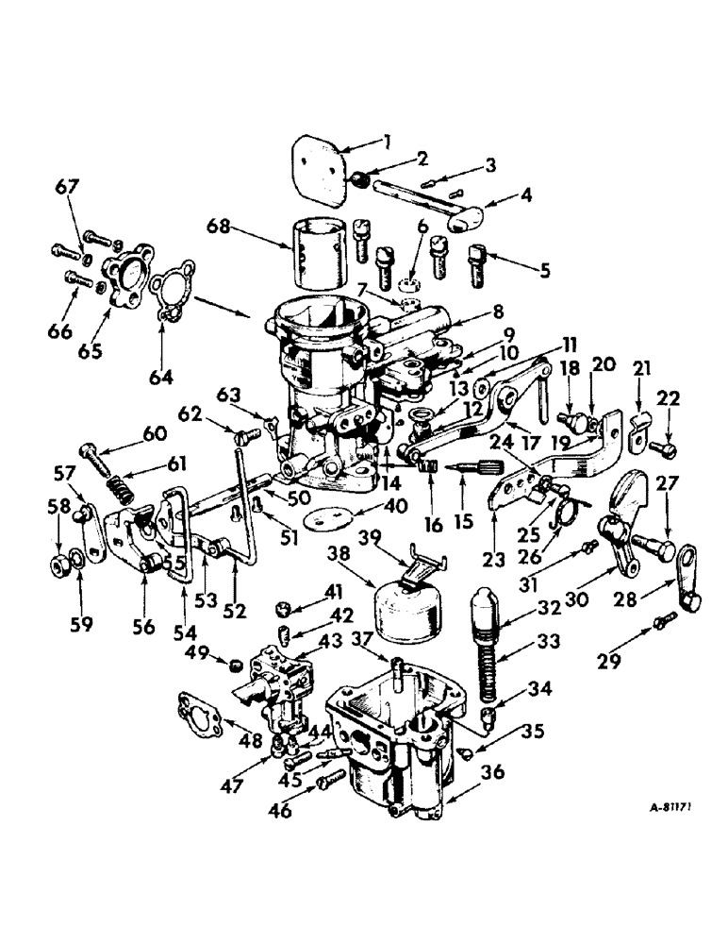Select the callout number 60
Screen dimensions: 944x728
[x=155, y=433]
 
